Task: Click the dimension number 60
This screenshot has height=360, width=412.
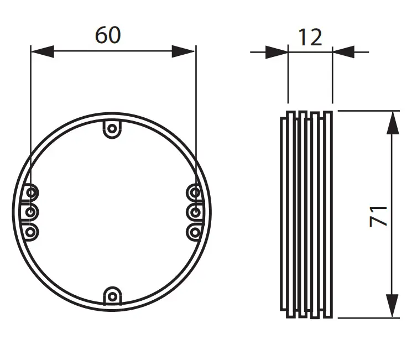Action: point(108,35)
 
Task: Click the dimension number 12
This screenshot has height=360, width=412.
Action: point(310,37)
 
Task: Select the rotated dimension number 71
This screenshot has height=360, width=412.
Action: point(378,216)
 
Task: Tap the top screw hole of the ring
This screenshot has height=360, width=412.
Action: point(112,129)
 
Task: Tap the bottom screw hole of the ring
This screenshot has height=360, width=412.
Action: point(112,297)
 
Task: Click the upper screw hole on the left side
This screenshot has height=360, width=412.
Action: point(31,193)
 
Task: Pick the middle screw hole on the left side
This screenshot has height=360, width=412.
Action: point(31,212)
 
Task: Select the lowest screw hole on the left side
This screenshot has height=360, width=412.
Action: point(30,232)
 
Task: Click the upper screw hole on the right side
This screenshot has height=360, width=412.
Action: point(195,193)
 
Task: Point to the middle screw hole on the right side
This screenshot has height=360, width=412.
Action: point(195,212)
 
